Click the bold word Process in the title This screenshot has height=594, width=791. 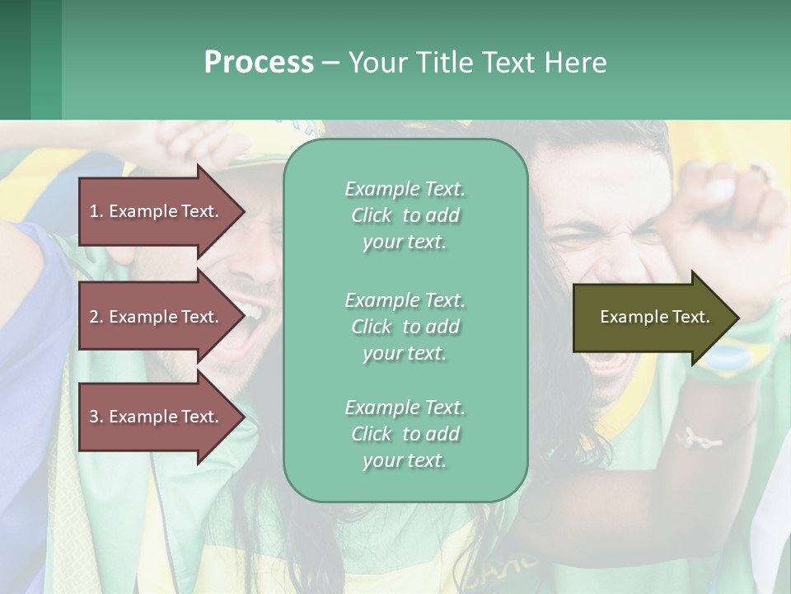259,62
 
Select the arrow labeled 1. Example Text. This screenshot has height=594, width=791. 157,211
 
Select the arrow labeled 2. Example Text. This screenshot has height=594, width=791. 157,317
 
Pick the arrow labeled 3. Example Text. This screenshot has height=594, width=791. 157,417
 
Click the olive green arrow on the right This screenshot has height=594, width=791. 651,317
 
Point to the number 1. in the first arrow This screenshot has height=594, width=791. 96,211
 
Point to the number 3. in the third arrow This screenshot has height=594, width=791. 96,417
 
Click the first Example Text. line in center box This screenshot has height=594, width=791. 405,189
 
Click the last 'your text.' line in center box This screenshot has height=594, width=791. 405,460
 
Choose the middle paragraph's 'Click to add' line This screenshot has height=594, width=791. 405,327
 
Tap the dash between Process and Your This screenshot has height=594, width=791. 331,63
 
